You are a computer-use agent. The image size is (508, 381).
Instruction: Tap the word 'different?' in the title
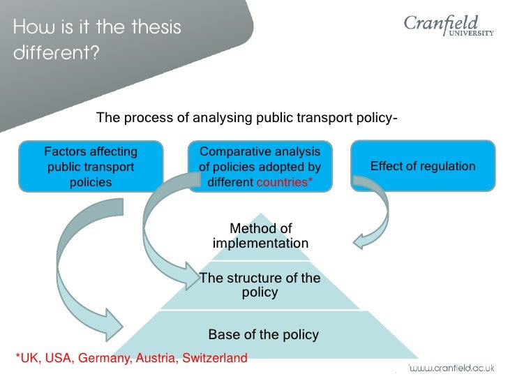click(x=57, y=54)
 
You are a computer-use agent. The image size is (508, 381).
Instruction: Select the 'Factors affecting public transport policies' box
click(x=91, y=167)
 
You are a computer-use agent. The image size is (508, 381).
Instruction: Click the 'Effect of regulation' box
click(x=422, y=166)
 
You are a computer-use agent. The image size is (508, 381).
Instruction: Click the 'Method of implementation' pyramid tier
click(x=260, y=236)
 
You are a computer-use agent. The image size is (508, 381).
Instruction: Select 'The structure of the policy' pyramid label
click(x=260, y=285)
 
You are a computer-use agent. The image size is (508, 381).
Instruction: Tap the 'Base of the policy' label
click(x=263, y=334)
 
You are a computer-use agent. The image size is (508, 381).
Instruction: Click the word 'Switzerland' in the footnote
click(x=215, y=359)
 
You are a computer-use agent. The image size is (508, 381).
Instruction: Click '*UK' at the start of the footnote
click(x=27, y=359)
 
